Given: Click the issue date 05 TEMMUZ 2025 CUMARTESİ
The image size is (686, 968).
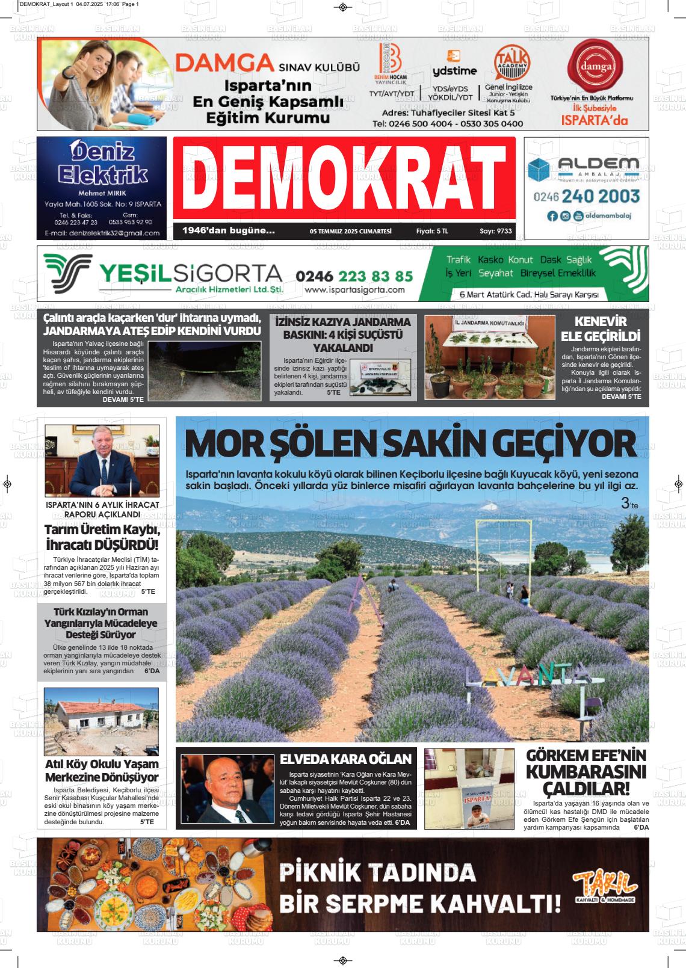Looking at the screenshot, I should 350,231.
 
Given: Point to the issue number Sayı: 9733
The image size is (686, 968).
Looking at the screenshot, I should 496,231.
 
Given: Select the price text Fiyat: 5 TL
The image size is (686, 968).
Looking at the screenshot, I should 432,231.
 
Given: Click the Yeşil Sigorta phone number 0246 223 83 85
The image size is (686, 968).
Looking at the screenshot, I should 354,276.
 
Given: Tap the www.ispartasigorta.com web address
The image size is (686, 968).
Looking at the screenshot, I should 354,290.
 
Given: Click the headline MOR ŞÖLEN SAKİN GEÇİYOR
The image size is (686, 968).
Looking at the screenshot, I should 410,443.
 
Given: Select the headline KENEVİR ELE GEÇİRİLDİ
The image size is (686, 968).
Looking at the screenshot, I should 600,328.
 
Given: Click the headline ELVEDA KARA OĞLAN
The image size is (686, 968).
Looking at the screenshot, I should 345,759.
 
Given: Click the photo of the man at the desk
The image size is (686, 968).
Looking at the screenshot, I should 102,461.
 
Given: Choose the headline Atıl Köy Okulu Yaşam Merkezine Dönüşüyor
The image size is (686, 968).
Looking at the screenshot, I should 102,771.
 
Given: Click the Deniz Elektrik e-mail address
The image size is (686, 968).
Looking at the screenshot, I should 102,233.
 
